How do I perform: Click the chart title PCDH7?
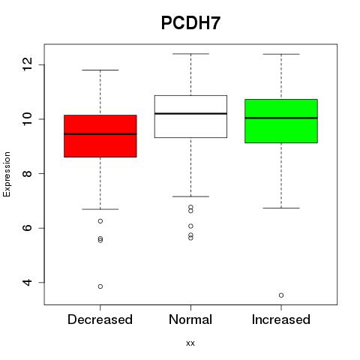190,23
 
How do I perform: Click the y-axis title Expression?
7,175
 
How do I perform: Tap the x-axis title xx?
190,343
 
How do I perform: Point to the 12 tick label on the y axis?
27,64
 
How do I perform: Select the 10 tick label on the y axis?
27,118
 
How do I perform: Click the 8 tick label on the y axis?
27,173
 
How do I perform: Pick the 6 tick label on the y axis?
27,228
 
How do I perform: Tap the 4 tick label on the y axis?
27,283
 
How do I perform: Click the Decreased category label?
100,319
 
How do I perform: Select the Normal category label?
190,319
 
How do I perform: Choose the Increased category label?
281,319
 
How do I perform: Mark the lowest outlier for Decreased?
100,286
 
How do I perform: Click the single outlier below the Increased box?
281,295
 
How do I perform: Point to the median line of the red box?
100,134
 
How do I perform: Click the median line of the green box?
281,118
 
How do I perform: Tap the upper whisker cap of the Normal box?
190,54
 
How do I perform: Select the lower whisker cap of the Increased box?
281,208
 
